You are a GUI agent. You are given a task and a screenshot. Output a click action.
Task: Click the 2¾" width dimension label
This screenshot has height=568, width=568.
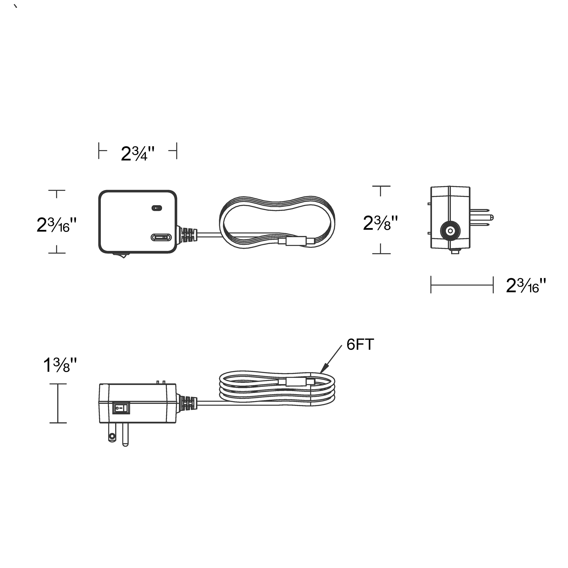click(x=138, y=154)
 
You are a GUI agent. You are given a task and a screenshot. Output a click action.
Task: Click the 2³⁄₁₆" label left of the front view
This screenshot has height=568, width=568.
click(x=57, y=225)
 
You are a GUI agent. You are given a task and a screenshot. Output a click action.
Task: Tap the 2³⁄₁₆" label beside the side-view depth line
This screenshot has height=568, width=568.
click(x=526, y=285)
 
